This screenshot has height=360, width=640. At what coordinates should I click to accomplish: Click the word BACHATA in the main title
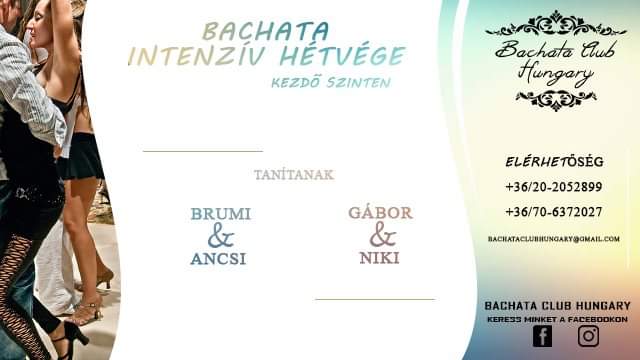click(266, 31)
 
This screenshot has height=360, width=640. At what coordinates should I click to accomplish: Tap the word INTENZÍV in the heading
click(198, 56)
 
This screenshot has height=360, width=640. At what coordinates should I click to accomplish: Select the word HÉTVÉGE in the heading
click(342, 56)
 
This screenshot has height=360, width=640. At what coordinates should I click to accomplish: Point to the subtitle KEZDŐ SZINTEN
click(331, 83)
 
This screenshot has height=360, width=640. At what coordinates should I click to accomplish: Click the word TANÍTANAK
click(294, 175)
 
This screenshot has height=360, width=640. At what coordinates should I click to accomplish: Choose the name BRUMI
click(221, 214)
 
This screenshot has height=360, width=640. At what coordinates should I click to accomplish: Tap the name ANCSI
click(218, 259)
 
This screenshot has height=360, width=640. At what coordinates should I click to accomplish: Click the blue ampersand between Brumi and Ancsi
click(221, 236)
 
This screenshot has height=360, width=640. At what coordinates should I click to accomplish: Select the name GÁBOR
click(380, 213)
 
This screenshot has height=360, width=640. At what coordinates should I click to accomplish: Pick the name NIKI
click(380, 258)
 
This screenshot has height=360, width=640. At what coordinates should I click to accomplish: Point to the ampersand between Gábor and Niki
click(383, 235)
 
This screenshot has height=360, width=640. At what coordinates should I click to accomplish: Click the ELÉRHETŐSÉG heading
click(554, 162)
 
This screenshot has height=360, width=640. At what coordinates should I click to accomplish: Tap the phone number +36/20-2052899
click(554, 187)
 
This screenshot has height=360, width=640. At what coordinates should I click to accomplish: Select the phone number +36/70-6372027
click(554, 212)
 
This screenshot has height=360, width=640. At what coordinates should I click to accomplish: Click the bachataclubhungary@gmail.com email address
click(554, 239)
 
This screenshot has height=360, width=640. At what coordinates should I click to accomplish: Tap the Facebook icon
click(542, 336)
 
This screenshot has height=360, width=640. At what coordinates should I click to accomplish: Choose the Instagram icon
click(589, 336)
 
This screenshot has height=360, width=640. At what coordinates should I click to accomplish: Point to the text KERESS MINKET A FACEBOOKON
click(557, 319)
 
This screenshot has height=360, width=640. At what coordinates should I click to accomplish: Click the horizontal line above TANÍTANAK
click(203, 151)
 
